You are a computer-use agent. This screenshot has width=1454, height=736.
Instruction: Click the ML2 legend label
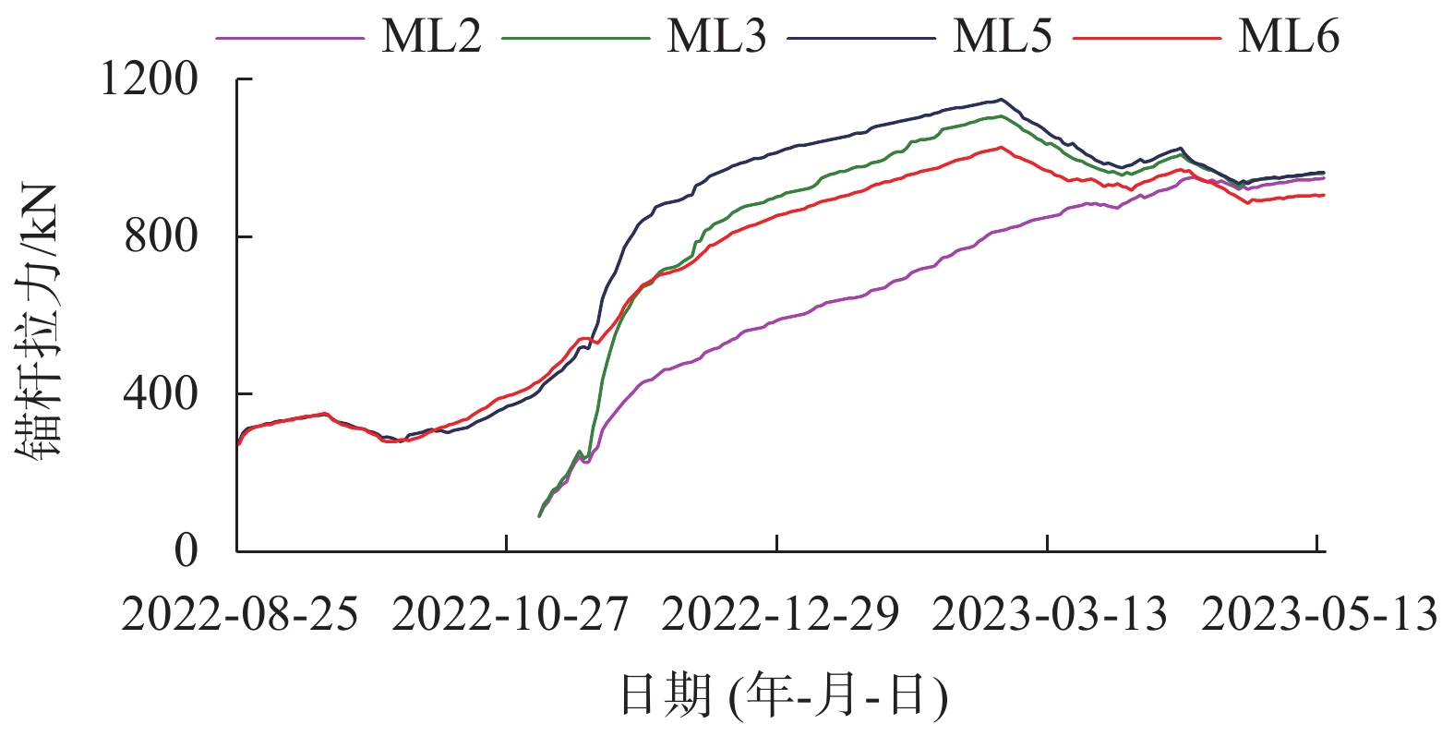[x=431, y=38]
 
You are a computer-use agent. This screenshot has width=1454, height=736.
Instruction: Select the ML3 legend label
[x=716, y=38]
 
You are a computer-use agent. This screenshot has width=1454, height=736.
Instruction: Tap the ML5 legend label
[x=1002, y=38]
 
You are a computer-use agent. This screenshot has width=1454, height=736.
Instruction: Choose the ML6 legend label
[x=1288, y=38]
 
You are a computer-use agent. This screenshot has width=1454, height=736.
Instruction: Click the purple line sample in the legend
[x=290, y=39]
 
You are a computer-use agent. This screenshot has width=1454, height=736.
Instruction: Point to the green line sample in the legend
[x=576, y=39]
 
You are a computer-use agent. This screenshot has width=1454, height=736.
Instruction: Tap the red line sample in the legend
[x=1148, y=39]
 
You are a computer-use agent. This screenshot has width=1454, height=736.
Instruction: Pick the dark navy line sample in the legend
[x=861, y=39]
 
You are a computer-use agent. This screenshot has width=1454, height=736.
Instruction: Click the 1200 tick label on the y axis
[x=149, y=79]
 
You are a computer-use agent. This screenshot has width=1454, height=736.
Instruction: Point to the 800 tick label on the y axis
[x=162, y=236]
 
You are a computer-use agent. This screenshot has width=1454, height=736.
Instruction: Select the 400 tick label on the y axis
[x=162, y=394]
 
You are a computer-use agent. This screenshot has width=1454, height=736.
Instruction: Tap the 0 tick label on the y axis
[x=186, y=551]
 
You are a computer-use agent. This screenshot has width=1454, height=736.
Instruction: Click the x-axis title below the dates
[x=783, y=695]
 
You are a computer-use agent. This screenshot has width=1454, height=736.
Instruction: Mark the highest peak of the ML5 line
[x=1001, y=100]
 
